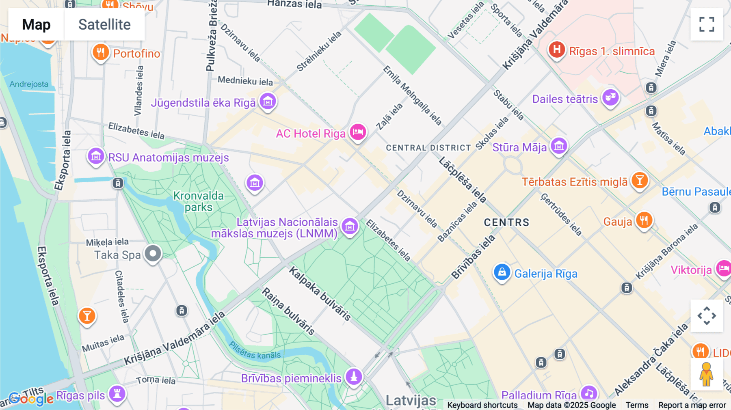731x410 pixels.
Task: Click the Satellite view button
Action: (x=104, y=24)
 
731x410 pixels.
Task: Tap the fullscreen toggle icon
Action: (x=707, y=24)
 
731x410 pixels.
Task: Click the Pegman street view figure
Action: (x=706, y=374)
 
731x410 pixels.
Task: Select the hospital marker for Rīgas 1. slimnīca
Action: (x=557, y=50)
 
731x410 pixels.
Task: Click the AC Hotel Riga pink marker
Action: (x=358, y=132)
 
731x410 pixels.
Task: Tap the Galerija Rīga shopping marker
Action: (x=502, y=272)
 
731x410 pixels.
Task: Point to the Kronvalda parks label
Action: (x=198, y=201)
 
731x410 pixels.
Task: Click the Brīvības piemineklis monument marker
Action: (x=354, y=376)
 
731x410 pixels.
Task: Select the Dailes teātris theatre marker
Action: (x=610, y=98)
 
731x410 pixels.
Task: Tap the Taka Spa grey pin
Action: (x=153, y=254)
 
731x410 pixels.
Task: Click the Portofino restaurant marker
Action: (x=101, y=52)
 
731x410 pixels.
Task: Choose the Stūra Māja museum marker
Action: (x=559, y=146)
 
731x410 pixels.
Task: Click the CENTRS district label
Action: (x=506, y=222)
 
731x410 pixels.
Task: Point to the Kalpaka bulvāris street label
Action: (x=320, y=294)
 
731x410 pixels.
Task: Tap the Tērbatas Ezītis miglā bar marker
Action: (x=639, y=181)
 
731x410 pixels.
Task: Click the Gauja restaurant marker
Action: (x=644, y=220)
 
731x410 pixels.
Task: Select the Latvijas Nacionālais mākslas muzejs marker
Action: (x=350, y=227)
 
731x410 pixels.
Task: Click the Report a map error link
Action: (x=692, y=405)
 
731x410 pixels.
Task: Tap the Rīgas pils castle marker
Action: (x=117, y=393)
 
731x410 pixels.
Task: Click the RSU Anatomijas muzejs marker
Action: (x=96, y=156)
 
